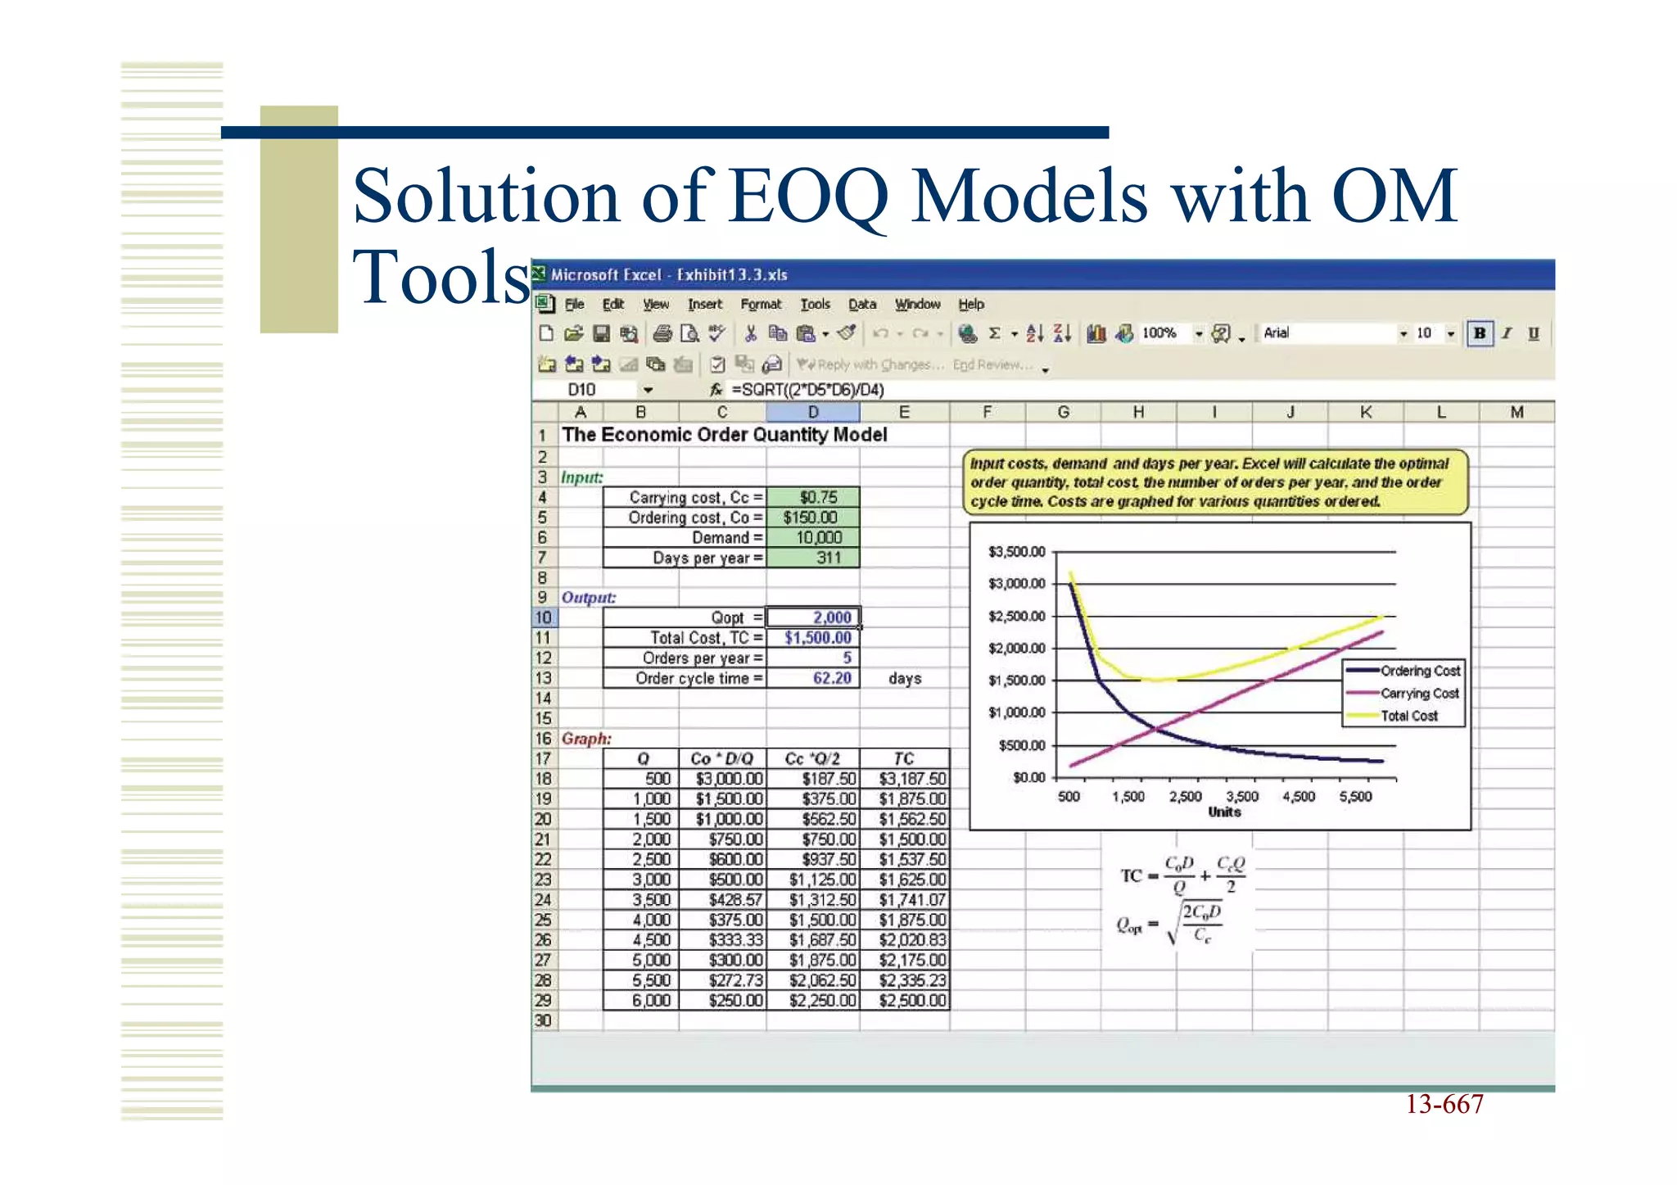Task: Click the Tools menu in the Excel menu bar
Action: (x=815, y=304)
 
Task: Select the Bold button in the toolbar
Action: (x=1479, y=333)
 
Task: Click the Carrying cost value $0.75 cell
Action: (x=813, y=497)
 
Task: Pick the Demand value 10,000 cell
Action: (x=813, y=537)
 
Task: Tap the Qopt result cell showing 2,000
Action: (x=813, y=617)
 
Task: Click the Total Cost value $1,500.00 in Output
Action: (x=813, y=638)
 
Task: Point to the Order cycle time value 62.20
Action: (x=813, y=678)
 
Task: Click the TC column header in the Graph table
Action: (x=904, y=758)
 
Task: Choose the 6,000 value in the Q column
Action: (x=643, y=1000)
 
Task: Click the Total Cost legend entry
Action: (x=1408, y=716)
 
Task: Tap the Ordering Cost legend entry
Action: (x=1420, y=671)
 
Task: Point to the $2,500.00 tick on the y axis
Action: (x=1016, y=616)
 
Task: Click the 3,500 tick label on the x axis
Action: (x=1241, y=797)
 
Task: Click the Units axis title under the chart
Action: (x=1224, y=812)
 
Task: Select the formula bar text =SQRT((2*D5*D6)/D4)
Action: (x=807, y=390)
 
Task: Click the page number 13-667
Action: (x=1444, y=1104)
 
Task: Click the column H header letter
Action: (x=1138, y=412)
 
